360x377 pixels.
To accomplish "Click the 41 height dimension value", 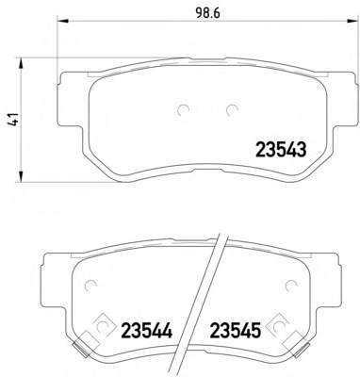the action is click(x=14, y=120).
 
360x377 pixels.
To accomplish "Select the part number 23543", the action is click(x=281, y=150).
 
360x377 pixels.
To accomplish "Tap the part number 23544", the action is click(x=147, y=330).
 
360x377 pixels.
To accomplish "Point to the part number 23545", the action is click(x=236, y=330).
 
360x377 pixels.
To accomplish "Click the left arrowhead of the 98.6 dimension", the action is click(x=62, y=21).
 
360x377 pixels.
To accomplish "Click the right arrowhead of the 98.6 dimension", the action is click(x=352, y=21).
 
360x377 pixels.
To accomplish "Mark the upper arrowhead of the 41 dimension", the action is click(x=21, y=63).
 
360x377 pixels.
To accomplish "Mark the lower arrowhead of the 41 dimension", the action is click(x=21, y=176).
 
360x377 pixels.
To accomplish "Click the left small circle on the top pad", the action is click(x=184, y=109).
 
